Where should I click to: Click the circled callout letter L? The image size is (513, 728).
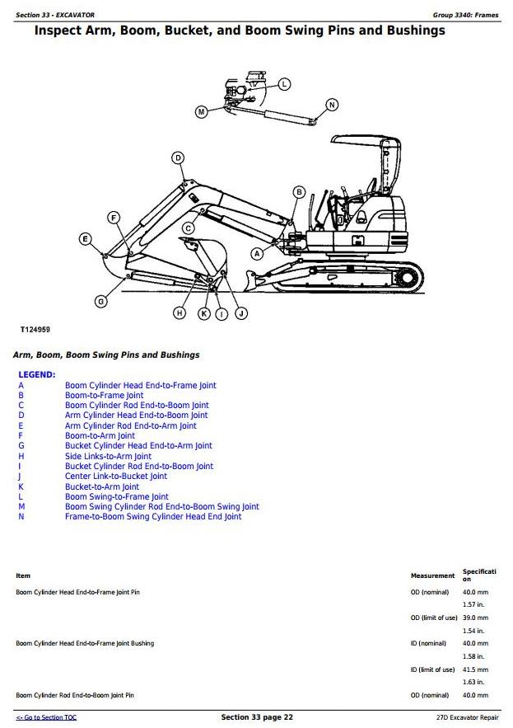284,84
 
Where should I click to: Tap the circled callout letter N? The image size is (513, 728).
332,105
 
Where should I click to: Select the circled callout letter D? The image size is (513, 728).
178,157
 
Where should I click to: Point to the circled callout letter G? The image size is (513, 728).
100,302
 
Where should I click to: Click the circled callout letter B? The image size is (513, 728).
299,192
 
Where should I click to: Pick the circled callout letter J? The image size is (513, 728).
241,314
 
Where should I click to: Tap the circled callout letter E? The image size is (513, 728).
85,239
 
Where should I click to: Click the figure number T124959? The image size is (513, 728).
35,330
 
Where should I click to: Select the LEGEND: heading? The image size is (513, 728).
36,374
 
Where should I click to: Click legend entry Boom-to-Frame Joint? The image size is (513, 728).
105,396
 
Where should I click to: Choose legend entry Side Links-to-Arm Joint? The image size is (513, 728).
108,457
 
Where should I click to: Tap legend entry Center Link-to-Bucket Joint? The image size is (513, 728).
116,477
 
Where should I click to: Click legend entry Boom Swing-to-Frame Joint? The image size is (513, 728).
117,497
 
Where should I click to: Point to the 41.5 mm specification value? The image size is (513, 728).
475,669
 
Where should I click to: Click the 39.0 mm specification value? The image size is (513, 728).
475,618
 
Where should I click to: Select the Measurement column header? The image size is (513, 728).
433,575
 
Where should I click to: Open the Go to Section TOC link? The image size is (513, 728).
46,717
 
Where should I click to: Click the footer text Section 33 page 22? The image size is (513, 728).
257,717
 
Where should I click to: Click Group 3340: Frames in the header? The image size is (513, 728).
466,15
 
